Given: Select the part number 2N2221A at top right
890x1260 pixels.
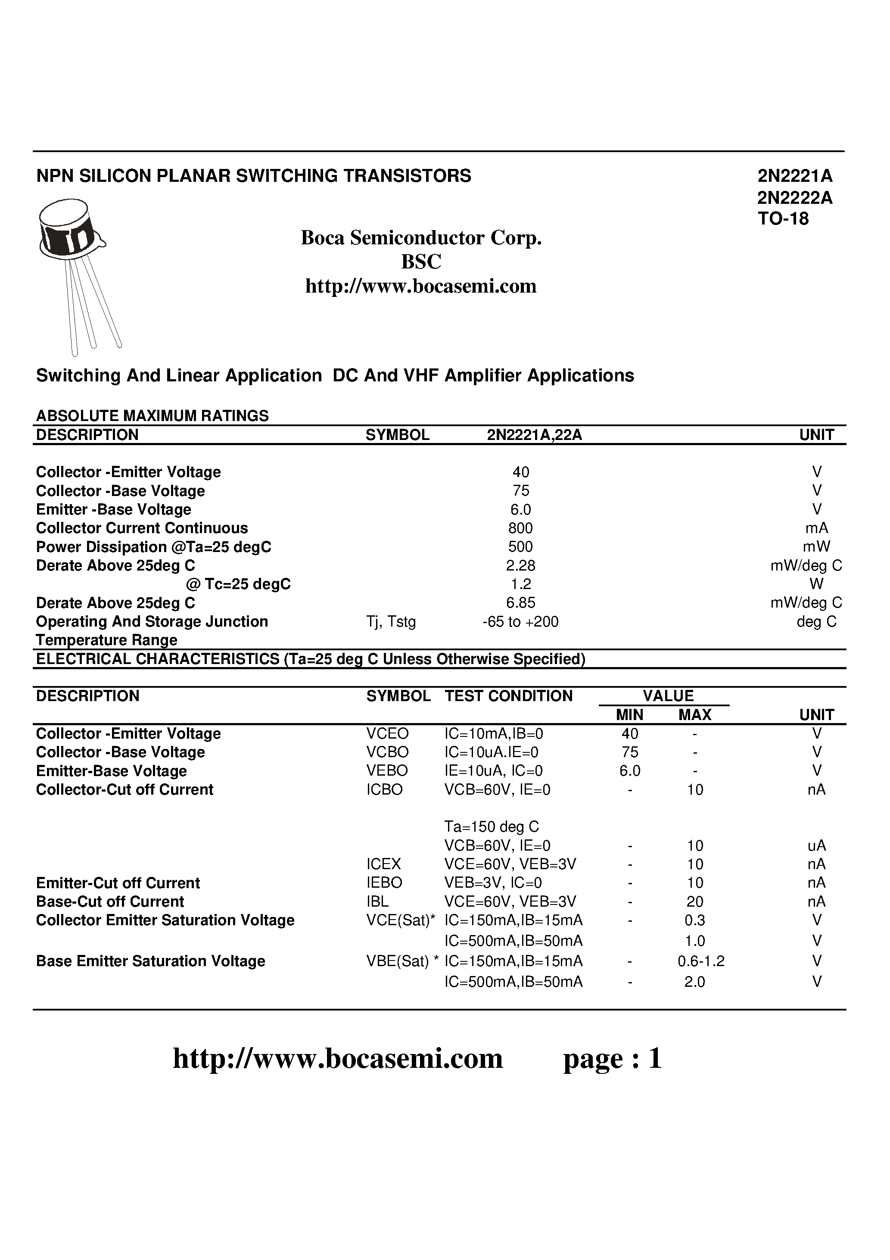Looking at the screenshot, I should click(x=794, y=176).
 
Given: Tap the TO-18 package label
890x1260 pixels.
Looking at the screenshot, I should click(x=783, y=219).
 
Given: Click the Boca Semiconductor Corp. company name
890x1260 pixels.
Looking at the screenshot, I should click(x=421, y=237).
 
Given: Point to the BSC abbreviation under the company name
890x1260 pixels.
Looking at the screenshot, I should click(x=421, y=262).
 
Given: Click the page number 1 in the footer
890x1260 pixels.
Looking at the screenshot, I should click(x=655, y=1058).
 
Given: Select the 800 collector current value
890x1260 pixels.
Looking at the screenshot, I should click(x=520, y=528).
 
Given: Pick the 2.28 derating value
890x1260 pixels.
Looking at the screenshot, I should click(x=520, y=565).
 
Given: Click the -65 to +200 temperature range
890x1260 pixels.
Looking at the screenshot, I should click(x=520, y=622).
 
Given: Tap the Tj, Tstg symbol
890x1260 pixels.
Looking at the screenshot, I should click(x=391, y=622).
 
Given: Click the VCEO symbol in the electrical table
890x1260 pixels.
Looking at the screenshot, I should click(x=387, y=734).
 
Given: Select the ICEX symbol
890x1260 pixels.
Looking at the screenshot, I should click(x=383, y=864).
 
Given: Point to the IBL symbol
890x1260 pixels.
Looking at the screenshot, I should click(x=377, y=901).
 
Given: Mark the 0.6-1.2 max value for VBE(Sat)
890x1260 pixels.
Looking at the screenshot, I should click(x=701, y=961).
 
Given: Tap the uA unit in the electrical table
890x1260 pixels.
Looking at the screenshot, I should click(x=816, y=845).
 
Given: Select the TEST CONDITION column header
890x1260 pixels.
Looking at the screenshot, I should click(x=508, y=696).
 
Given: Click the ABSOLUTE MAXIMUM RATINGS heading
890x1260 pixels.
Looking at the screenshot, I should click(x=152, y=415).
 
